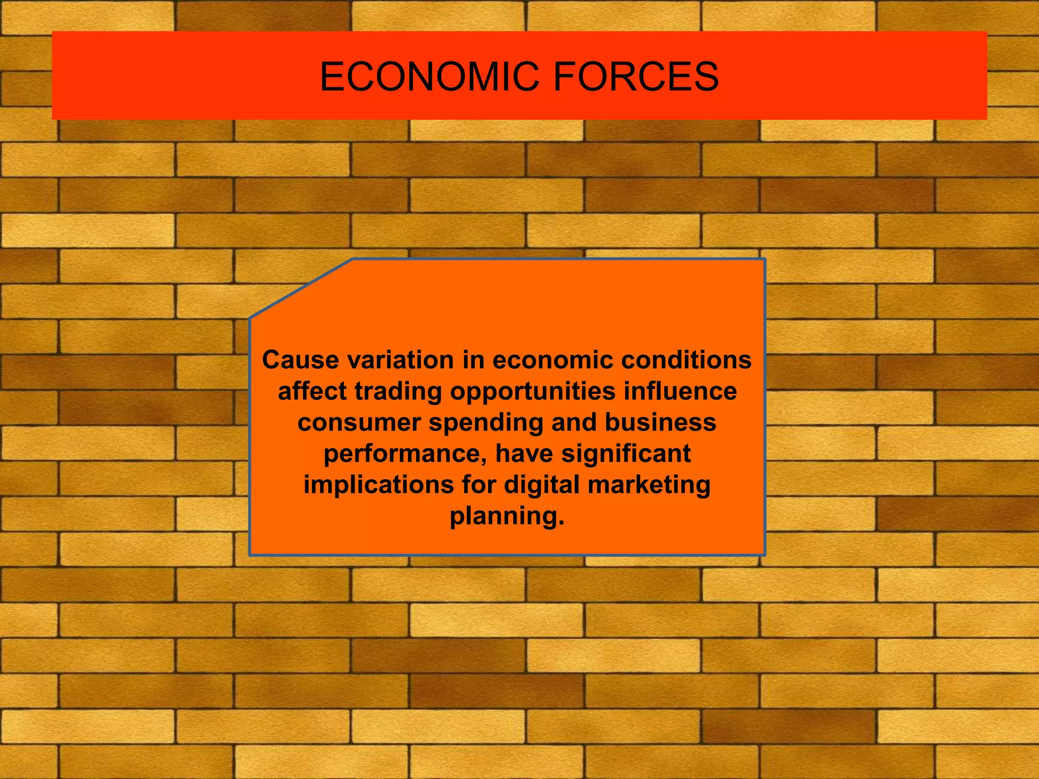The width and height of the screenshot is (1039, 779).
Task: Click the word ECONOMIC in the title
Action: coord(429,77)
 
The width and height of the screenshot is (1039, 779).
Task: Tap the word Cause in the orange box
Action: coord(300,360)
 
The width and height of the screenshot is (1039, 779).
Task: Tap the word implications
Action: coord(378,485)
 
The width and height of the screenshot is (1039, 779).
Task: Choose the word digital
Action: coord(541,485)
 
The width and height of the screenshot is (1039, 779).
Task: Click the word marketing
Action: coord(649,485)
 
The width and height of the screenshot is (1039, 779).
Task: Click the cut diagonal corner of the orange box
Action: coord(301,289)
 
